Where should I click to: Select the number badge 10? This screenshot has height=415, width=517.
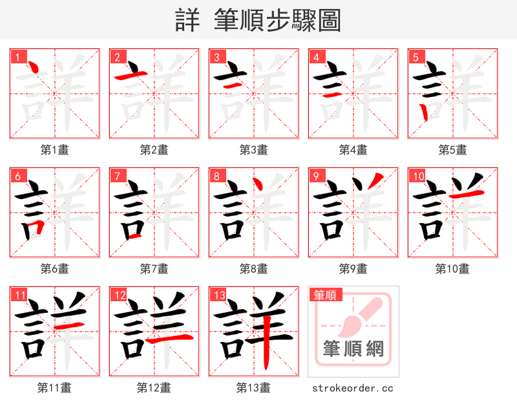[418, 176]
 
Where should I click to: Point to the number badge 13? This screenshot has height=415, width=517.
[219, 295]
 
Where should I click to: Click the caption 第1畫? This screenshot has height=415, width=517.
[55, 149]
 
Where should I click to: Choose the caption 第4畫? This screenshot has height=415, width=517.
[353, 149]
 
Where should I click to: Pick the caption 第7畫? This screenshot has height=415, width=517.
[154, 268]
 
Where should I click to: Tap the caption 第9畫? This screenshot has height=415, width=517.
[353, 268]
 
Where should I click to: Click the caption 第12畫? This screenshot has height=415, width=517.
[154, 387]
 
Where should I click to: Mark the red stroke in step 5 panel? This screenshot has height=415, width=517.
[423, 112]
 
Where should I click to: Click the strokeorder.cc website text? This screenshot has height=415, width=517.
[353, 388]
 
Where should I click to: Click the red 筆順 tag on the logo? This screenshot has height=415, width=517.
[324, 295]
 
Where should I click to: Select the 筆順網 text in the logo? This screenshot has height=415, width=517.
[353, 349]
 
